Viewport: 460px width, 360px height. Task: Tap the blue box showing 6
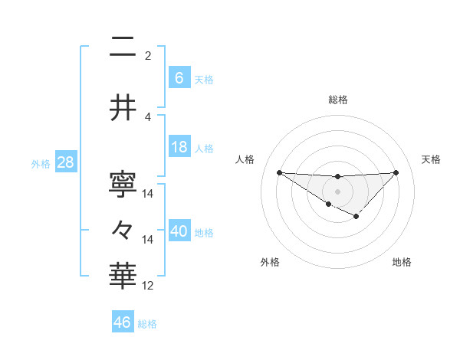[179, 77]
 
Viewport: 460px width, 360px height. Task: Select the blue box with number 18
[179, 147]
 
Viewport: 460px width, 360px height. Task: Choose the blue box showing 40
[179, 231]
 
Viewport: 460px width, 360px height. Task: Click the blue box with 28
[65, 162]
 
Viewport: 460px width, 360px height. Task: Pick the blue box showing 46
[123, 322]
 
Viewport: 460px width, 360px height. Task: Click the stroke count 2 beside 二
[148, 56]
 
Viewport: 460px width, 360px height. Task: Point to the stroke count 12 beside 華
[148, 286]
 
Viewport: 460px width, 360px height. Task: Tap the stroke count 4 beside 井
[148, 116]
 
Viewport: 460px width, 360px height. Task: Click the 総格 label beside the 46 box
[147, 324]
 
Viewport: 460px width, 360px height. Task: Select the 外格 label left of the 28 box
[40, 164]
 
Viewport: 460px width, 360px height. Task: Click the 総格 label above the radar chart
[337, 100]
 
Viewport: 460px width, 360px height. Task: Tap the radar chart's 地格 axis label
[402, 263]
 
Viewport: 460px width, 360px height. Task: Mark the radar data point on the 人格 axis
[279, 172]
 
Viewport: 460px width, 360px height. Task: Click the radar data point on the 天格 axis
[396, 172]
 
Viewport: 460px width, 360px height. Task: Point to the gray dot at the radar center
[337, 191]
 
